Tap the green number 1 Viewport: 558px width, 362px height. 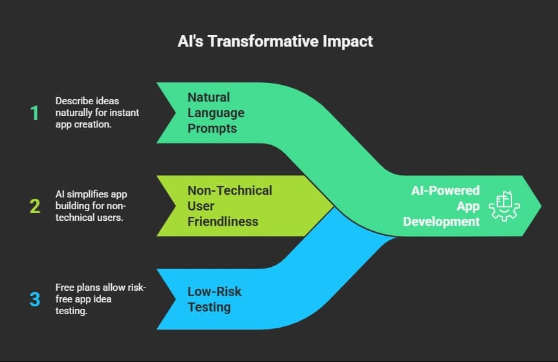(x=34, y=113)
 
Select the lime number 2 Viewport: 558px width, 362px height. (x=34, y=207)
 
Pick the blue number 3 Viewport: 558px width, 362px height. (x=34, y=300)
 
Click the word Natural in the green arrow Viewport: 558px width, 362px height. (x=208, y=97)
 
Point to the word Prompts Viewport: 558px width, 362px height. (x=212, y=128)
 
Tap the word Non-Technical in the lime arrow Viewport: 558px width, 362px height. (x=230, y=190)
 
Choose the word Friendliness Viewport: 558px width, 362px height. (x=222, y=221)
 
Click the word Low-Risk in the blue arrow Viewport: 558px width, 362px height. (x=214, y=291)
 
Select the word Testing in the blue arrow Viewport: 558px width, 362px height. (x=209, y=307)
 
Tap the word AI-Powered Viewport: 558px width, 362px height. (x=445, y=190)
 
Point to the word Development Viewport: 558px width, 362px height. (x=441, y=221)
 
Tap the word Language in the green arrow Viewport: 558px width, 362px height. (x=216, y=113)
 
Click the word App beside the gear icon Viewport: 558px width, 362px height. (x=468, y=206)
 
